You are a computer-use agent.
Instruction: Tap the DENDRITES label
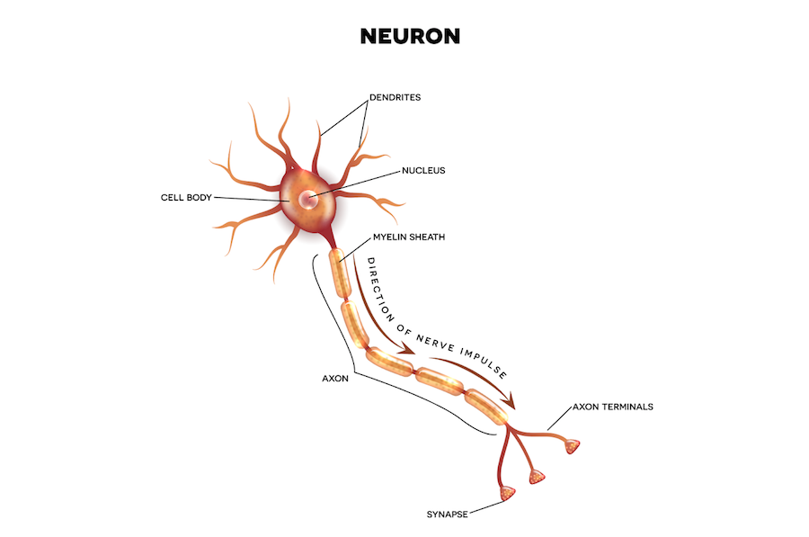[396, 96]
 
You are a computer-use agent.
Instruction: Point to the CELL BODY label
[186, 197]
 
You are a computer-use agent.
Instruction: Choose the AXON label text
[334, 380]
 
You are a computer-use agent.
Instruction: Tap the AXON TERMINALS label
[613, 407]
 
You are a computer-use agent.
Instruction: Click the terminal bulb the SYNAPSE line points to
[509, 492]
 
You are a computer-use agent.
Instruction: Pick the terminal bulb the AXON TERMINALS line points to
[570, 446]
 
